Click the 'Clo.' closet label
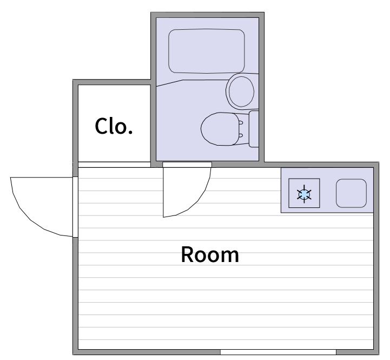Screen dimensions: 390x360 pyautogui.click(x=114, y=126)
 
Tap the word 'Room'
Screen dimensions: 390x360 pyautogui.click(x=210, y=254)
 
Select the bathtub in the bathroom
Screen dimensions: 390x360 pyautogui.click(x=207, y=51)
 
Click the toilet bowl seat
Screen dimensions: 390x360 pyautogui.click(x=220, y=129)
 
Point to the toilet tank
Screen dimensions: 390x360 pyautogui.click(x=254, y=129)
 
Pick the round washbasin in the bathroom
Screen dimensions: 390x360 pyautogui.click(x=241, y=91)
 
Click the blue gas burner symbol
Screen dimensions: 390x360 pyautogui.click(x=304, y=194)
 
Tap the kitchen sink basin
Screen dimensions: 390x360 pyautogui.click(x=351, y=193)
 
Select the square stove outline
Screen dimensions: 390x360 pyautogui.click(x=304, y=193)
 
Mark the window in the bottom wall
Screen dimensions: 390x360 pyautogui.click(x=278, y=352)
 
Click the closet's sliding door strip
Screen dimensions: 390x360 pyautogui.click(x=114, y=165)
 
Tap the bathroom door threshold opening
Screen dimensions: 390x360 pyautogui.click(x=187, y=165)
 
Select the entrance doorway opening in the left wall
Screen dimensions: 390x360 pyautogui.click(x=75, y=207)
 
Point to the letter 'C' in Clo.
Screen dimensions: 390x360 pyautogui.click(x=102, y=126)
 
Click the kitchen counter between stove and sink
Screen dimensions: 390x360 pyautogui.click(x=328, y=193)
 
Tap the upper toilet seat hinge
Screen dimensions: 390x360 pyautogui.click(x=241, y=122)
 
